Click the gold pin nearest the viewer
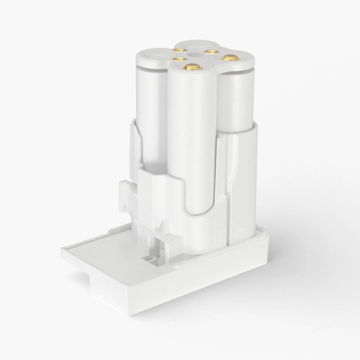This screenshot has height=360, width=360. (x=192, y=66)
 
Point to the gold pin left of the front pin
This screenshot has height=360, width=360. (x=179, y=60)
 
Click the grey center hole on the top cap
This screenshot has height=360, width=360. (x=195, y=53)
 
